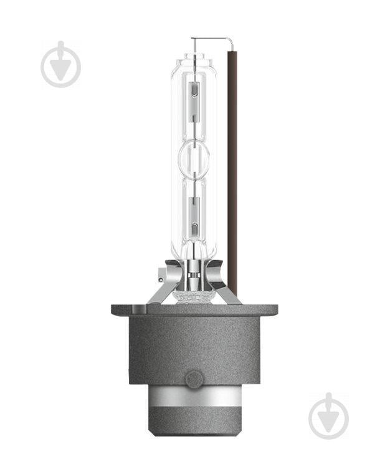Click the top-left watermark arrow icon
pyautogui.click(x=61, y=65)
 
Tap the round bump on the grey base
pyautogui.click(x=195, y=379)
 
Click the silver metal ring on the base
pyautogui.click(x=195, y=397)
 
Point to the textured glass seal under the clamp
pyautogui.click(x=194, y=294)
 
